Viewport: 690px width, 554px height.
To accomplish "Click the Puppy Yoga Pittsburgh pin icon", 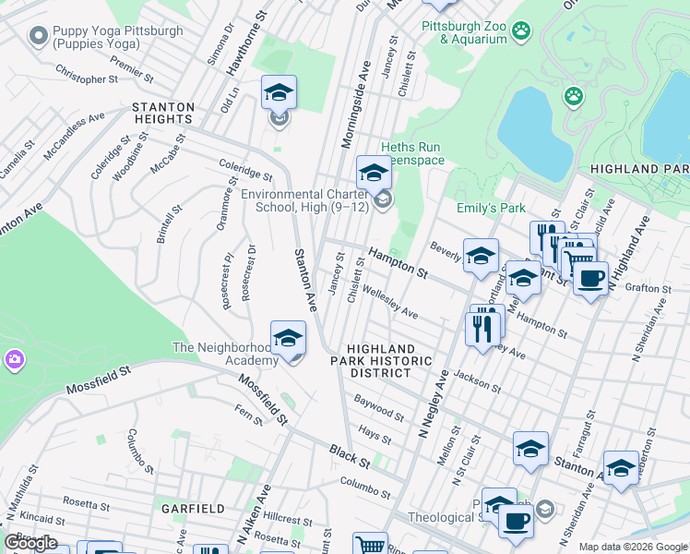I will [38, 37].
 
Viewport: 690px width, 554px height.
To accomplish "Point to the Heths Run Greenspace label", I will [410, 153].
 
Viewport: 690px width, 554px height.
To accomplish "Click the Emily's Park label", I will [490, 208].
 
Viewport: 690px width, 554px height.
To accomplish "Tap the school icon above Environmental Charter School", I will [374, 175].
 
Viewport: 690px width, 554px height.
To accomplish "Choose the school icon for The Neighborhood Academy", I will [288, 340].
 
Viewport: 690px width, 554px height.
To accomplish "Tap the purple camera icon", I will [14, 358].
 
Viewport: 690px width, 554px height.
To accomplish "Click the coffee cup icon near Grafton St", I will [590, 277].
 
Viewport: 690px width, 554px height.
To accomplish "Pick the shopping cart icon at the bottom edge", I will [369, 546].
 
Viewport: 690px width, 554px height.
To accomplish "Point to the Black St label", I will [350, 455].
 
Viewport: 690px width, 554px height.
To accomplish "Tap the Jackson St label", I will [477, 382].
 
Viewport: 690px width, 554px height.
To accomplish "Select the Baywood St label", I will [379, 407].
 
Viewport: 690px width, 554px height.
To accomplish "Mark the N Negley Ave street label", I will [433, 403].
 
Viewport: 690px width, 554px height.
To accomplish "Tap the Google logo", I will [30, 543].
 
